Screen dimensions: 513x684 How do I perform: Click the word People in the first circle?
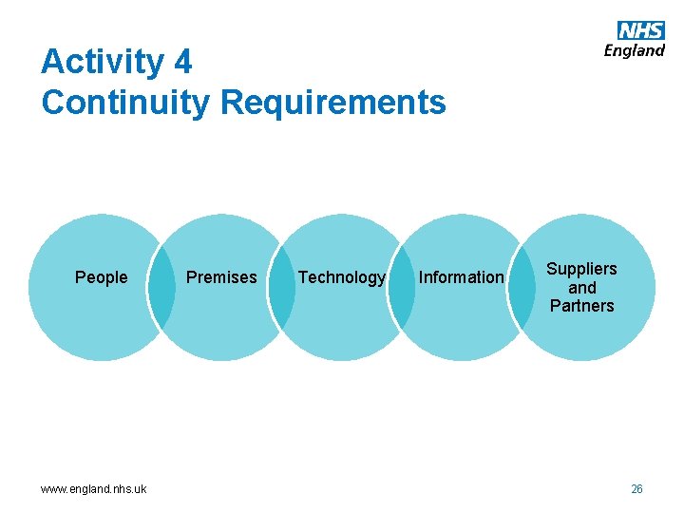pyautogui.click(x=101, y=277)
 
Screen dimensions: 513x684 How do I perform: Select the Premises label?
pyautogui.click(x=221, y=277)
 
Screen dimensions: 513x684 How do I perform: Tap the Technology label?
pyautogui.click(x=342, y=277)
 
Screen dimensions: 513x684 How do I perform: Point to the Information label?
pyautogui.click(x=462, y=277)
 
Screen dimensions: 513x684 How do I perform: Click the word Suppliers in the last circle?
pyautogui.click(x=581, y=269)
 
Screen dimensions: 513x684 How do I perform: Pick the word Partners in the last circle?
pyautogui.click(x=581, y=306)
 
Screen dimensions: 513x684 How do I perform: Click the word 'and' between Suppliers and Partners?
pyautogui.click(x=582, y=288)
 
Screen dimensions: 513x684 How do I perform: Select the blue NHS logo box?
pyautogui.click(x=640, y=30)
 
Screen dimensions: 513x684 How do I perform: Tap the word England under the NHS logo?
pyautogui.click(x=635, y=50)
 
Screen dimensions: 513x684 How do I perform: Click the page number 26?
pyautogui.click(x=636, y=489)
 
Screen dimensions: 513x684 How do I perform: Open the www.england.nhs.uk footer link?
pyautogui.click(x=93, y=489)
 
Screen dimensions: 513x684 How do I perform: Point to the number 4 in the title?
pyautogui.click(x=182, y=63)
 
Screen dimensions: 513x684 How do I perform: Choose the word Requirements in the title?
pyautogui.click(x=332, y=102)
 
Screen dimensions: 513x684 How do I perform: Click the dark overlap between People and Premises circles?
pyautogui.click(x=162, y=288)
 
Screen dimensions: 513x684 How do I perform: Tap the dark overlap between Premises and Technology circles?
pyautogui.click(x=281, y=288)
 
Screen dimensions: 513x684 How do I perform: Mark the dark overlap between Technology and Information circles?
pyautogui.click(x=402, y=288)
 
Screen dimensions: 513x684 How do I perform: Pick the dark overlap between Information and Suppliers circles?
pyautogui.click(x=522, y=288)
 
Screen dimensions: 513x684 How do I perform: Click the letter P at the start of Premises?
pyautogui.click(x=191, y=277)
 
